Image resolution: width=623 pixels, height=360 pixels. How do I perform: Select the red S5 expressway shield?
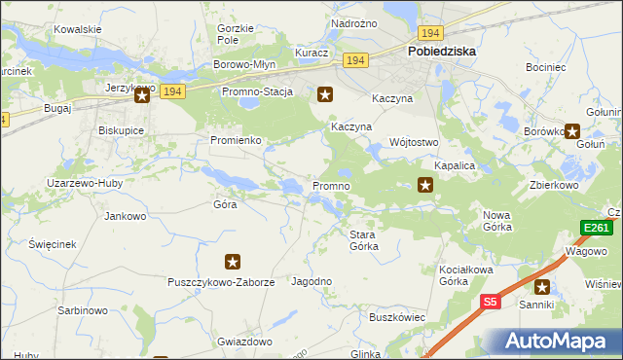[491, 303]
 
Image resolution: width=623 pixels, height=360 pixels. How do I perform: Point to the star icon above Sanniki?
[541, 286]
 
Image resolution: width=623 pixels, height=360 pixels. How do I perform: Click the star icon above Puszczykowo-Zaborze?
[233, 262]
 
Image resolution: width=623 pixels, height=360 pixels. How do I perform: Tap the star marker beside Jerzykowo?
[142, 94]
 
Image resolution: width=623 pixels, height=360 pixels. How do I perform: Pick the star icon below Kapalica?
[425, 185]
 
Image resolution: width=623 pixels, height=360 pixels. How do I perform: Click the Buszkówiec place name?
[397, 317]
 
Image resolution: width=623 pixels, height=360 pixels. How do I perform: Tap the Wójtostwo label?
[415, 142]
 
